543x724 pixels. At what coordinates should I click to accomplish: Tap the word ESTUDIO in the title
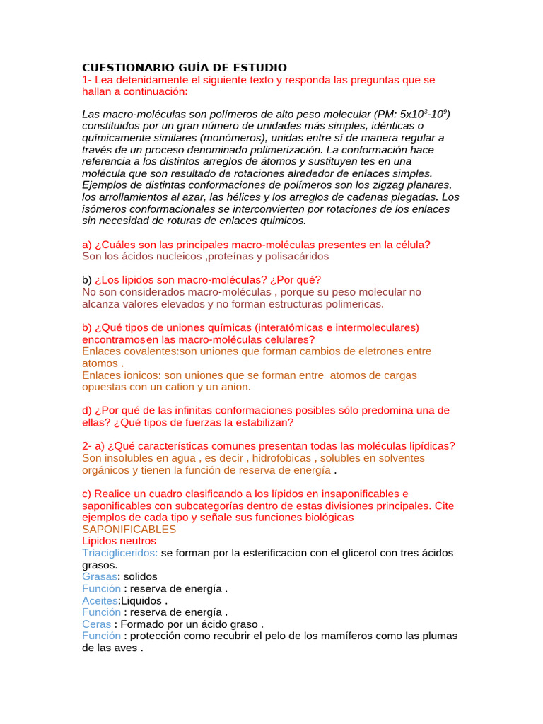pyautogui.click(x=259, y=67)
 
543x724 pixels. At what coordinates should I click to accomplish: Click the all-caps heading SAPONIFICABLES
pyautogui.click(x=129, y=529)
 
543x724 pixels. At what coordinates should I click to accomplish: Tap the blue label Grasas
pyautogui.click(x=100, y=576)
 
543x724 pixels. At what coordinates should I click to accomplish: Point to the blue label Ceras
pyautogui.click(x=97, y=624)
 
